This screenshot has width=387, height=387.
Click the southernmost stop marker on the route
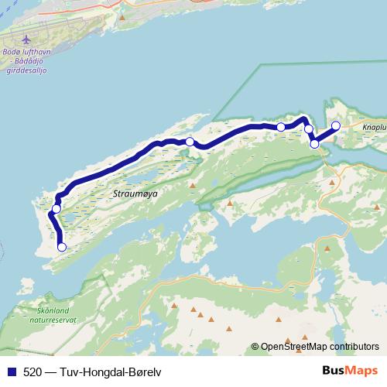[x=62, y=248]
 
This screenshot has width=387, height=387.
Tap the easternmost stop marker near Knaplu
[x=336, y=125]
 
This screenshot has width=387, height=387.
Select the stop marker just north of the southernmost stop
[x=56, y=209]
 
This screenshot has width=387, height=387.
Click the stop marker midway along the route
[x=190, y=142]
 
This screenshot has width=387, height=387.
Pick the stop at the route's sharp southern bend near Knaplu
[x=314, y=144]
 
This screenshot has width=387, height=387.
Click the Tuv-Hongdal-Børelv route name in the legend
[x=112, y=372]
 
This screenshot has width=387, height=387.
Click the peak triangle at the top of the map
[x=122, y=16]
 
